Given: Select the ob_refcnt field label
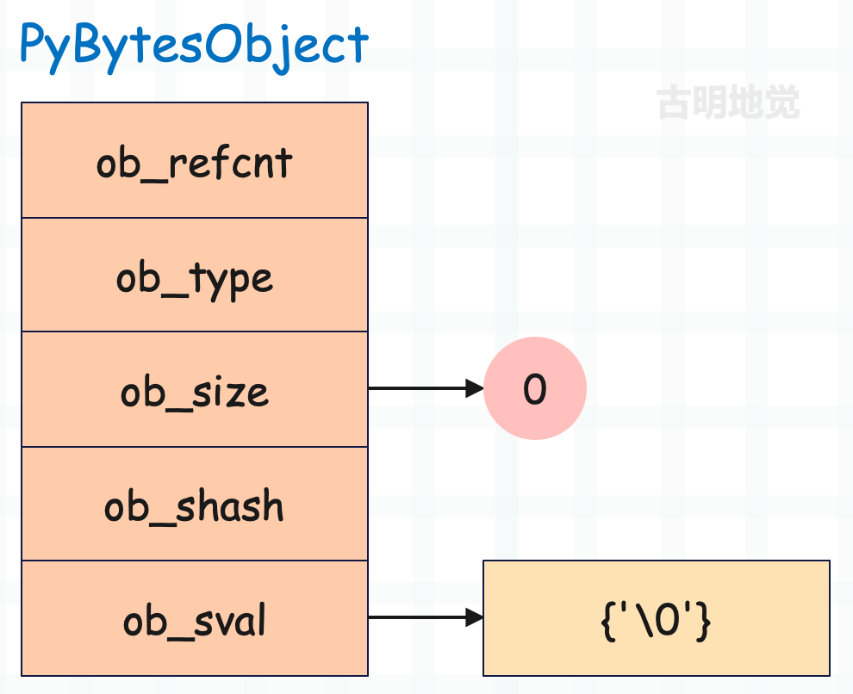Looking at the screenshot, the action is tap(194, 164).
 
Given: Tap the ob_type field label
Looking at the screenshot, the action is tap(194, 280).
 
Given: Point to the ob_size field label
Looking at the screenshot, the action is tap(194, 392).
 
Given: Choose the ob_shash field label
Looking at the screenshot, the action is tap(194, 506).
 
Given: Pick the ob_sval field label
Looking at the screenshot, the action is tap(194, 621).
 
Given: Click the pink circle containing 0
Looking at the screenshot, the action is tap(535, 388).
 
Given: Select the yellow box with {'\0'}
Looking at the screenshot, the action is tap(656, 618).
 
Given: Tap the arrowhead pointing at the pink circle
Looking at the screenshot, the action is tap(475, 388).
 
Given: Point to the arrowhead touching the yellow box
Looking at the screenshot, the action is tap(475, 617).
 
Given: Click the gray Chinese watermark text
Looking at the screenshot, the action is tap(728, 102).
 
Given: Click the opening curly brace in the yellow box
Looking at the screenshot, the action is tap(607, 621).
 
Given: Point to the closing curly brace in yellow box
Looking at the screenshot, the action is tap(704, 621).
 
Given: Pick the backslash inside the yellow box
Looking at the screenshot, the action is tap(645, 620).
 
